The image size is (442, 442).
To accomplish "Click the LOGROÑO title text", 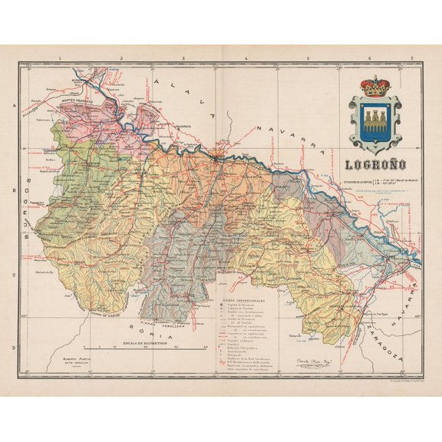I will pos(375,163).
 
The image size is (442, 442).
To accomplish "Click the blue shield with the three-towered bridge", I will pos(375,120).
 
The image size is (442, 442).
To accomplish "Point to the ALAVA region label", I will pos(181,96).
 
